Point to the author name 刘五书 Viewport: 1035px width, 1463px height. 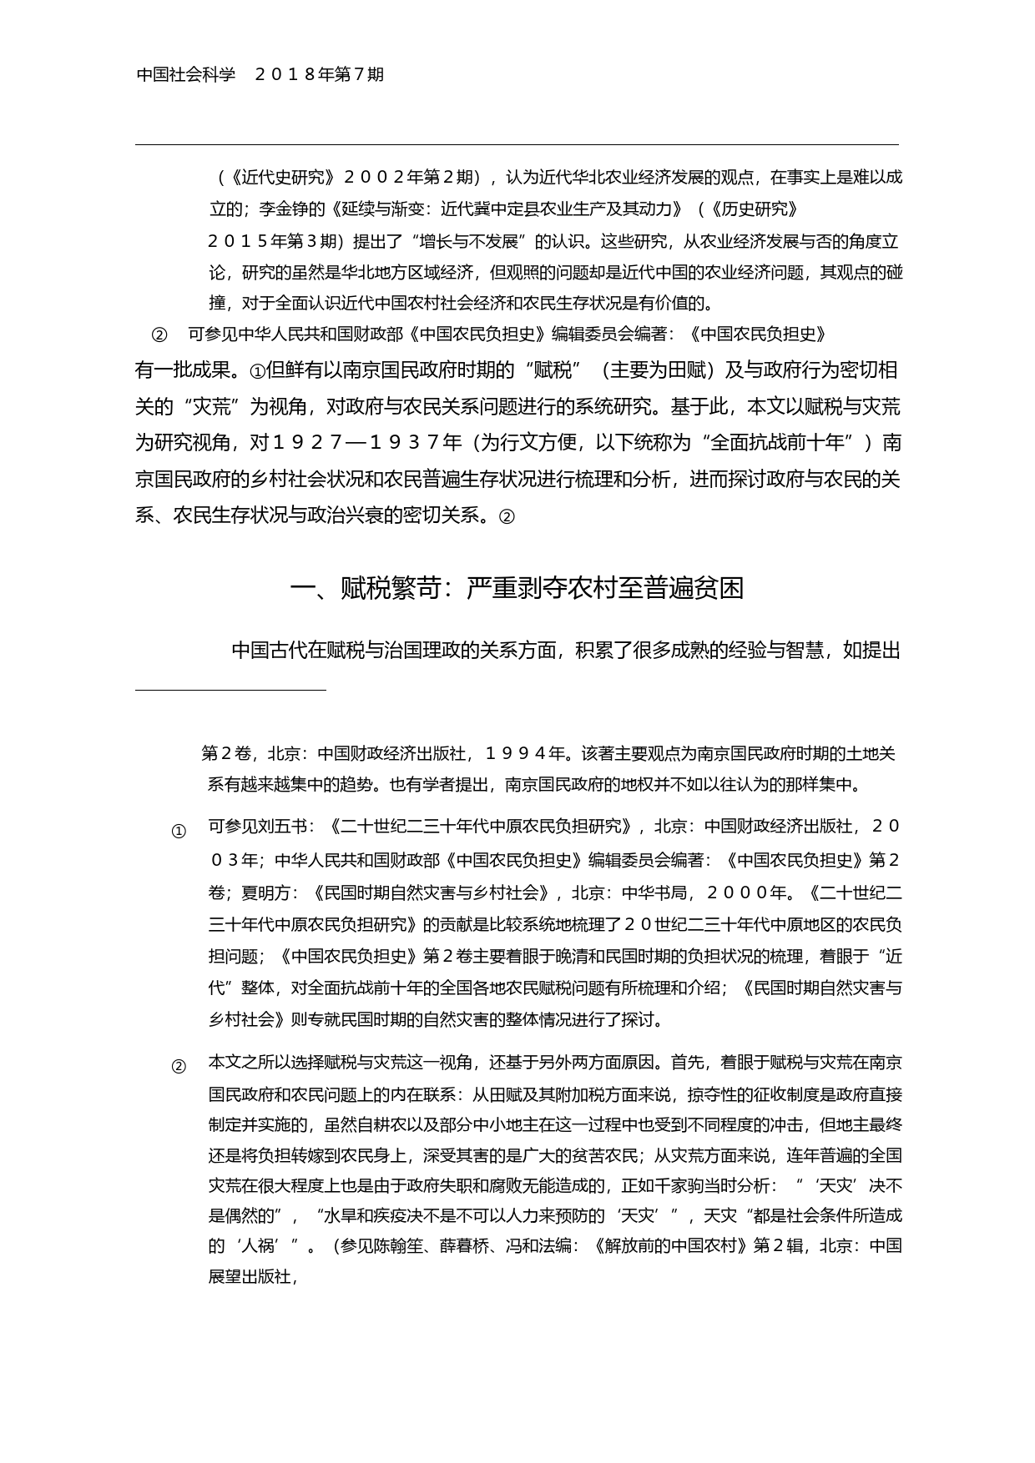click(x=283, y=827)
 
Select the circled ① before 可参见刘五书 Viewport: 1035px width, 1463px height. click(x=179, y=832)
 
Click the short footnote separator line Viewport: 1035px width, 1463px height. click(x=230, y=691)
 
